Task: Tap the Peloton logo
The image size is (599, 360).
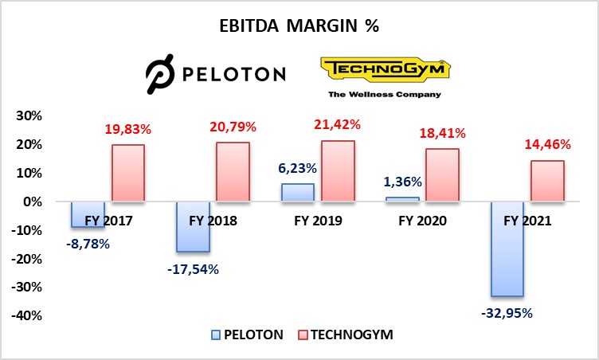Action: click(215, 75)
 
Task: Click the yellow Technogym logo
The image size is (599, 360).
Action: click(385, 69)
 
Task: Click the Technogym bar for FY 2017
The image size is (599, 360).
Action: click(127, 173)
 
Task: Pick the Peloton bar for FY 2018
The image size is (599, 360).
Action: click(192, 227)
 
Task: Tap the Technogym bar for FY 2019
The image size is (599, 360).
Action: click(338, 170)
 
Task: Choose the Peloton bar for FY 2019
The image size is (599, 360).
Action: click(298, 193)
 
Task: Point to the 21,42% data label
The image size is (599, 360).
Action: click(338, 126)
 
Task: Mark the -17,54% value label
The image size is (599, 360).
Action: click(192, 269)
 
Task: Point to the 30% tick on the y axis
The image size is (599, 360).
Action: click(29, 116)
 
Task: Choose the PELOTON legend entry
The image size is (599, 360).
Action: click(247, 335)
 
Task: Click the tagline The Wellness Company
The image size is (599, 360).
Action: click(385, 94)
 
